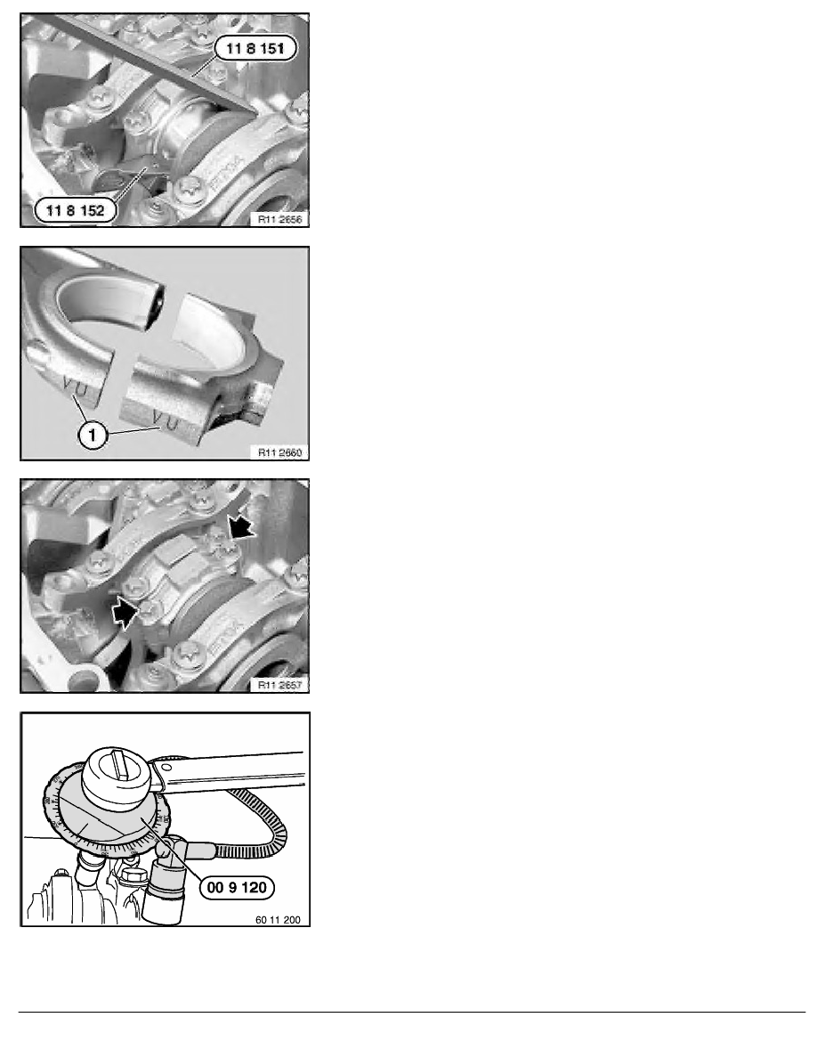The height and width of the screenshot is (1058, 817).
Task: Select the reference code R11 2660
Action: pos(278,452)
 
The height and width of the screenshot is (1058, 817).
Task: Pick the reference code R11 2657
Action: pos(278,685)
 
